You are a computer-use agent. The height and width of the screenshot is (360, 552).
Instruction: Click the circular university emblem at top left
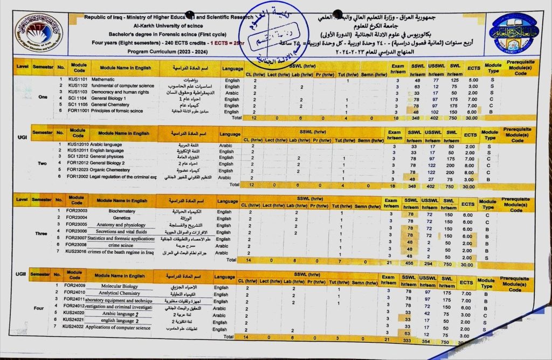tap(38, 33)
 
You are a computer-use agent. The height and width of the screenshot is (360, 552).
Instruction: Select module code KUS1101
tap(78, 80)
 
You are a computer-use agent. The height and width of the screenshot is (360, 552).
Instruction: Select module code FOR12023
tap(79, 170)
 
